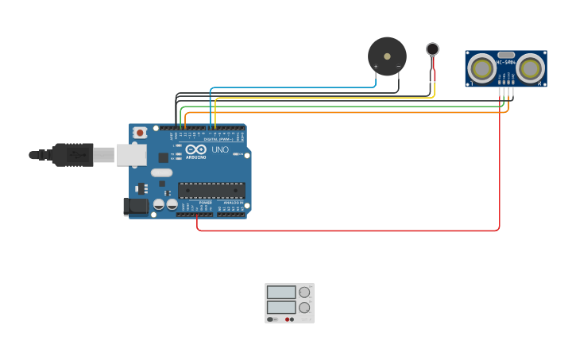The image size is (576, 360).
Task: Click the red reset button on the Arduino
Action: click(x=140, y=132)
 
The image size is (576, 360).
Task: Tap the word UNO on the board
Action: click(x=220, y=150)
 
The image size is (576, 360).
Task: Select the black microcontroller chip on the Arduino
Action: click(x=211, y=191)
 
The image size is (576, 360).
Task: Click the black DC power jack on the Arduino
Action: click(x=137, y=207)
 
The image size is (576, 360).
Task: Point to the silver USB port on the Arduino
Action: click(x=131, y=155)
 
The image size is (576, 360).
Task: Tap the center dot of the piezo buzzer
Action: click(x=387, y=56)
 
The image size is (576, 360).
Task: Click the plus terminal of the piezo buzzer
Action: click(x=376, y=68)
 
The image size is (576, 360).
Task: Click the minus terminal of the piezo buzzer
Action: click(x=398, y=68)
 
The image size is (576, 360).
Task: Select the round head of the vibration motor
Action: click(x=432, y=49)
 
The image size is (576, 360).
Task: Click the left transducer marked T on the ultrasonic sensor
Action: click(x=481, y=68)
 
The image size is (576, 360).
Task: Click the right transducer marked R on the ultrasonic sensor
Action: click(x=530, y=68)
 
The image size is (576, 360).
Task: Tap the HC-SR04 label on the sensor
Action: click(x=506, y=62)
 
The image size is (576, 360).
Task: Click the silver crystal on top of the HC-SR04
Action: click(x=506, y=55)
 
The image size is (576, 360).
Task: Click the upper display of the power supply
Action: click(x=280, y=292)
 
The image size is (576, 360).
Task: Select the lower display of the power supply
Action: click(x=280, y=307)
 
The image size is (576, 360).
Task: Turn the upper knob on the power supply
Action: click(x=304, y=292)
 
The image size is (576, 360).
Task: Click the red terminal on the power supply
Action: click(x=287, y=319)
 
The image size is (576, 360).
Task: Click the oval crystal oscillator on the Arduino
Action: click(x=161, y=172)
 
